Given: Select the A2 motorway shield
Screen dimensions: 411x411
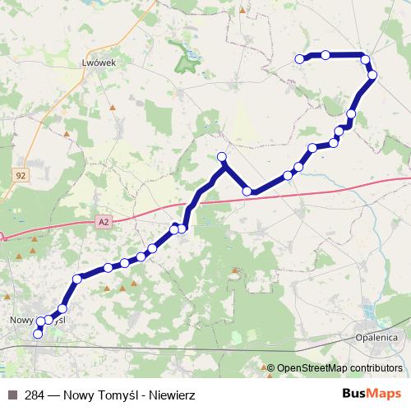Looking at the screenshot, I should click(102, 221).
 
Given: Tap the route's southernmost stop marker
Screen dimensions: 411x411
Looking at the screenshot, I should click(37, 335).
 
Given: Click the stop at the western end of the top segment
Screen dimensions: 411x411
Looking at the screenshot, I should click(300, 58).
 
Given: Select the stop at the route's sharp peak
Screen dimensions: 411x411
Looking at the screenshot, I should click(221, 156).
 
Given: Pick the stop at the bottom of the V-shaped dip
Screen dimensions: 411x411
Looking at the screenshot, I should click(247, 192).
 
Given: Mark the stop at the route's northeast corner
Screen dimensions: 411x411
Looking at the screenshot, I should click(365, 58).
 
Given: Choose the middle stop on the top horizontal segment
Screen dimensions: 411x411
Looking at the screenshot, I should click(326, 55).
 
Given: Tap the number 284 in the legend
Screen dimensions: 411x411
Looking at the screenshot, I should click(35, 395).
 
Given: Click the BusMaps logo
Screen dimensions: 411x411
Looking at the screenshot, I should click(371, 394).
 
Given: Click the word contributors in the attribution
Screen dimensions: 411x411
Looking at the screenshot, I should click(377, 368).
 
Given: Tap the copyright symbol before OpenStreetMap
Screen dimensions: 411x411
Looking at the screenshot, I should click(271, 368).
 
